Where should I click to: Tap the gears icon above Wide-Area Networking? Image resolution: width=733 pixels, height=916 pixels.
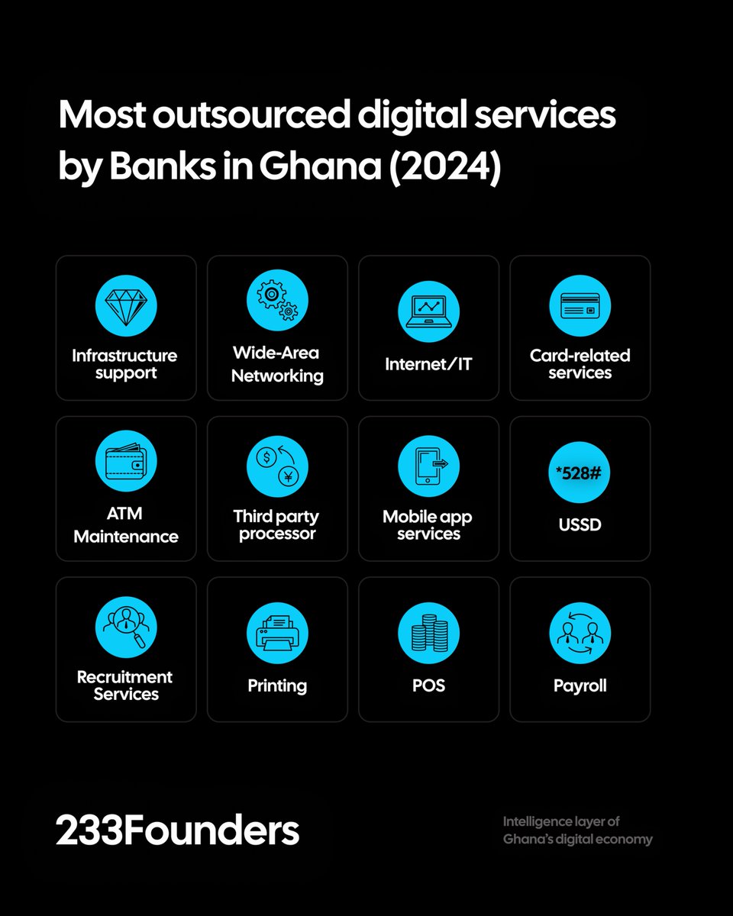click(x=277, y=299)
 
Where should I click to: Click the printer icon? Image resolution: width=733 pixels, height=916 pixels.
click(x=277, y=633)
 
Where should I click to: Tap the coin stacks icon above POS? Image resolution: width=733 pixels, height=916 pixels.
click(x=428, y=633)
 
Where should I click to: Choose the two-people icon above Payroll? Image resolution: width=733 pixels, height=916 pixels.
click(x=580, y=633)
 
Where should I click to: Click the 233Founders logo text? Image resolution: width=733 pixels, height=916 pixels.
click(x=177, y=831)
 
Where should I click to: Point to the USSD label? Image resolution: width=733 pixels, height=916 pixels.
click(x=580, y=524)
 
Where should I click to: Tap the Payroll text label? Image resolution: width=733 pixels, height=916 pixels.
click(x=580, y=685)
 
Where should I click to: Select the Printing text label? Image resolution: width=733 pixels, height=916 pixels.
click(x=277, y=685)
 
